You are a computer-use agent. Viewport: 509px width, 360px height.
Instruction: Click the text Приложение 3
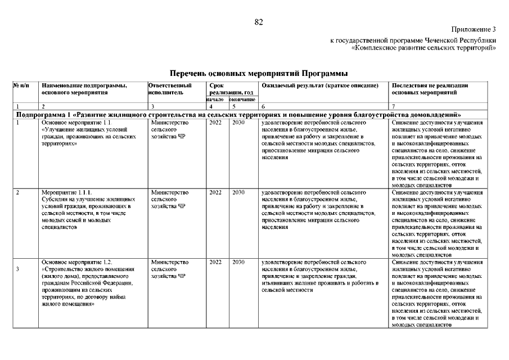tap(474, 29)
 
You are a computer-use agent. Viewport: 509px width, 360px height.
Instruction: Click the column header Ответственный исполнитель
tap(166, 89)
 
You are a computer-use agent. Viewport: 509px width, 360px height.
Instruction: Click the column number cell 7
tap(393, 106)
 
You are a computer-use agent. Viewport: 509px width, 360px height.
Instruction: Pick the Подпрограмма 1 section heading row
tap(240, 114)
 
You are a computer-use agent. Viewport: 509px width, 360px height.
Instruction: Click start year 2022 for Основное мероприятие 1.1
tap(215, 121)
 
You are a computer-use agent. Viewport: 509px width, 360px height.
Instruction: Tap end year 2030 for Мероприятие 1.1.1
tap(238, 192)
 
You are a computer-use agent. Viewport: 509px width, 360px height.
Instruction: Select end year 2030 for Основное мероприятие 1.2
tap(238, 262)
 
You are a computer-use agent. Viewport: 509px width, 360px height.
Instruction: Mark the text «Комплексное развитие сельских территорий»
tap(423, 48)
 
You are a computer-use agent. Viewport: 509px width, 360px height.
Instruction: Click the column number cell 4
tap(210, 106)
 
